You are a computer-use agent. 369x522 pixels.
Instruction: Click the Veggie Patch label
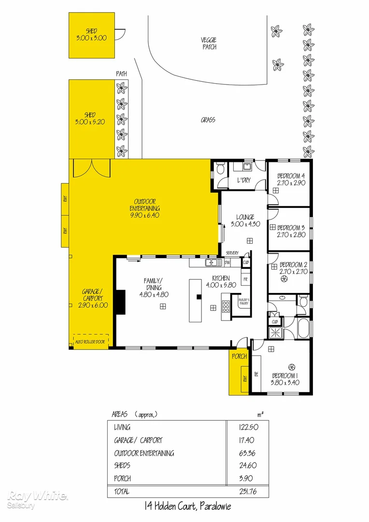[209, 43]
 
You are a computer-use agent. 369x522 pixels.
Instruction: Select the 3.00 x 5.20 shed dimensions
[90, 122]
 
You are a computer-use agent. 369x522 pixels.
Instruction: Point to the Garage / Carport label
[91, 298]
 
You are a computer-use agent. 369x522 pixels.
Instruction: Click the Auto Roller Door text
[90, 342]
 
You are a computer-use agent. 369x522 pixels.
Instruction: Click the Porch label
[239, 357]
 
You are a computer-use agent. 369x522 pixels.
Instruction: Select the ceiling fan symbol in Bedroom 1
[291, 366]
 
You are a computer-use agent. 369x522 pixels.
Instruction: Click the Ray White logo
[38, 498]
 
